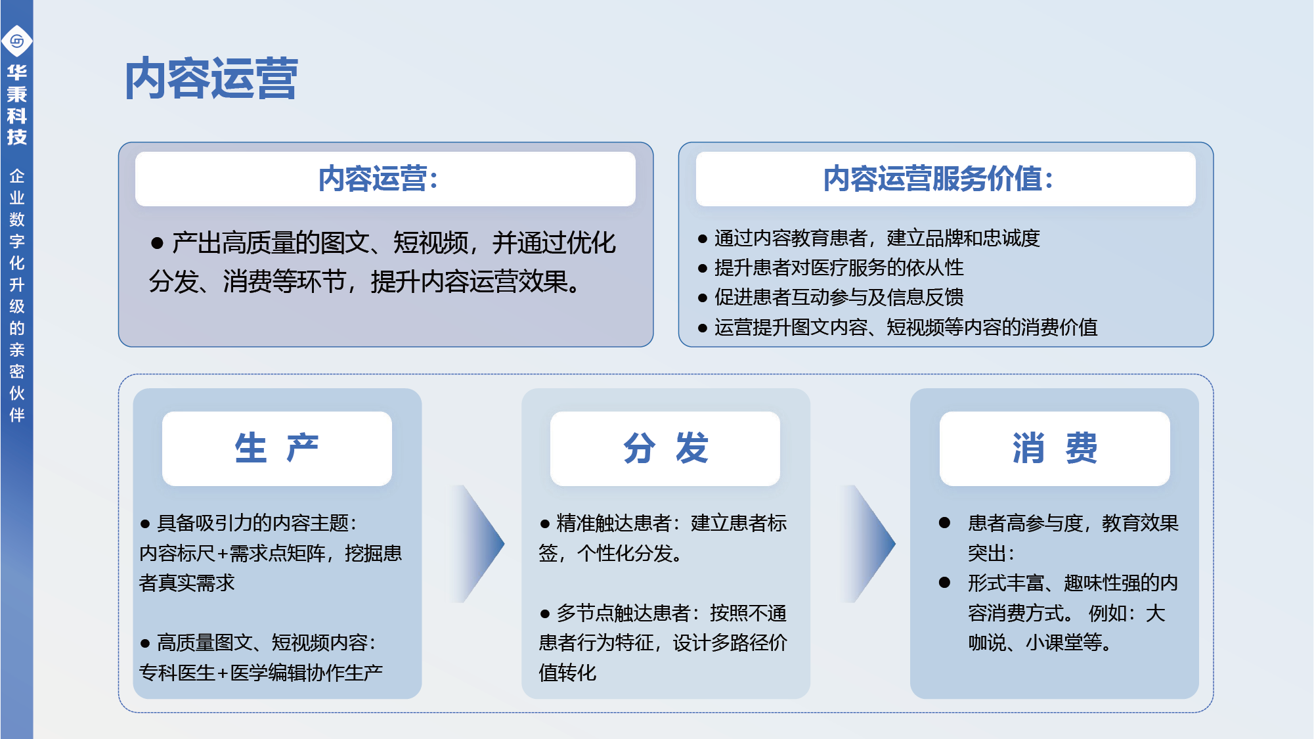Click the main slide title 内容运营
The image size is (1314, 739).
point(211,79)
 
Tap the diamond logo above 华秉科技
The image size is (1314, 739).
point(17,41)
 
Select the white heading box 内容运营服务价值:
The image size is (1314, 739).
point(946,179)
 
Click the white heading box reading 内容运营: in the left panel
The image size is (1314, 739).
point(385,179)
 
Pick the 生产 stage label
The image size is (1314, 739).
point(277,449)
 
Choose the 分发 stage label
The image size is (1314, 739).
point(665,449)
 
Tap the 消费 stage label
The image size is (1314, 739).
point(1055,449)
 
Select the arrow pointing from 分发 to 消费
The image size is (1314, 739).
point(868,544)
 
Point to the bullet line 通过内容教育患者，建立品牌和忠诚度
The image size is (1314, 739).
point(870,238)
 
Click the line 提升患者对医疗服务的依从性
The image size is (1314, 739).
point(831,267)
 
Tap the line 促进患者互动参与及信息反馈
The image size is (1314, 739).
point(831,297)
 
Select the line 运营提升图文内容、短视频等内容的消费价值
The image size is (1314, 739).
point(898,326)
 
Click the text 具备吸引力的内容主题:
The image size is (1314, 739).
point(257,523)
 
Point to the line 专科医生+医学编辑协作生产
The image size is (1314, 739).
point(261,673)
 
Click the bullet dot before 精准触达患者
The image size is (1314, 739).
point(544,524)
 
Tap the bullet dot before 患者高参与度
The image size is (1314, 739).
point(944,523)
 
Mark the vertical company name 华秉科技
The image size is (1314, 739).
point(17,104)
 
